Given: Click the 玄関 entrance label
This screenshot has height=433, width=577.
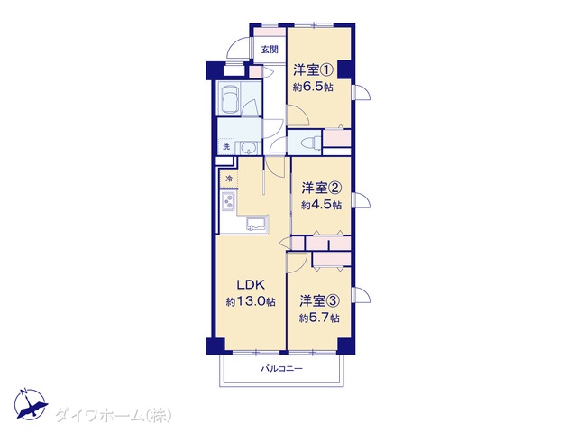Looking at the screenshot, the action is click(x=270, y=50).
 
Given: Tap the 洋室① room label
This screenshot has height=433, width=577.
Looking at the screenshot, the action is click(x=313, y=69).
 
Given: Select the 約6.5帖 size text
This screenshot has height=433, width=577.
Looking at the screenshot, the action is click(x=313, y=87).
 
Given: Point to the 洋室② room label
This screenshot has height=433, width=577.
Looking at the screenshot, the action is click(x=322, y=189).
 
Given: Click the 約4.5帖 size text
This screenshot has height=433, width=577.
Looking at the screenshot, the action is click(x=322, y=205).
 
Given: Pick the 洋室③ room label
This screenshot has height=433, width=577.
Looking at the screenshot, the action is click(x=319, y=300).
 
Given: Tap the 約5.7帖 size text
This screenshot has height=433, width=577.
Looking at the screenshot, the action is click(x=319, y=318).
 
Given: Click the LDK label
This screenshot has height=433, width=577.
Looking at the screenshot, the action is click(x=251, y=285).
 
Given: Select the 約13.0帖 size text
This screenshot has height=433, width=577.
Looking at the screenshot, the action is click(x=251, y=302).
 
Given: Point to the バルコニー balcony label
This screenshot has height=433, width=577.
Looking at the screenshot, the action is click(x=282, y=368).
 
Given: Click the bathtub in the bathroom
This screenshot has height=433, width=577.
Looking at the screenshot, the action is click(x=229, y=98).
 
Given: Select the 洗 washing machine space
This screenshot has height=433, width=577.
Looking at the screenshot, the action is click(x=226, y=146).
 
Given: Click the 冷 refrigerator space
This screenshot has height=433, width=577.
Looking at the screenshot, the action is click(x=229, y=180).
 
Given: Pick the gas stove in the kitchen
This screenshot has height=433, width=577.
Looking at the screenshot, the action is click(x=228, y=201).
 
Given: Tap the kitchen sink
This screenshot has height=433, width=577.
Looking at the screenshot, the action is click(x=257, y=223).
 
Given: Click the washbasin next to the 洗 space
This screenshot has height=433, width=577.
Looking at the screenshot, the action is click(x=250, y=148).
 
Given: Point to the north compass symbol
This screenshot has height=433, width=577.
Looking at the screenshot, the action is click(x=30, y=404).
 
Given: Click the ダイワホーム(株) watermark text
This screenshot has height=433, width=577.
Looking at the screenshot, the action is click(x=114, y=415).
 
